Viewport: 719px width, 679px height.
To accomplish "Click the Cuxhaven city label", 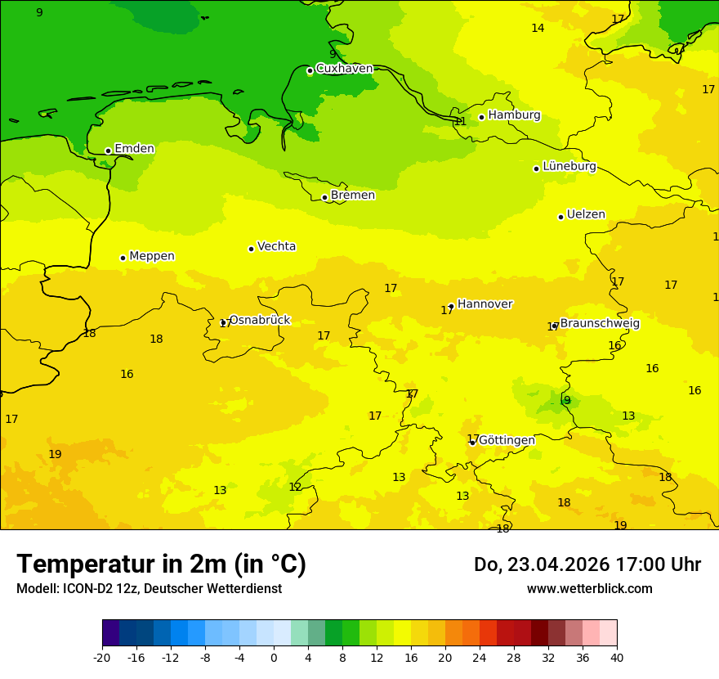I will pos(344,69).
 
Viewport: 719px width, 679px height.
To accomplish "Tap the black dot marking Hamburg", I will pos(482,117).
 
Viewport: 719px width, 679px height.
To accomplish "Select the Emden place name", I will pos(134,149).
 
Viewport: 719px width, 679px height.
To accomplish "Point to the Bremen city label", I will pos(353,196).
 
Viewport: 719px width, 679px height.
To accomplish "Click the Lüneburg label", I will pos(569,166).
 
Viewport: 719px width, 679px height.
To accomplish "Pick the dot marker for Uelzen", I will pos(560,217).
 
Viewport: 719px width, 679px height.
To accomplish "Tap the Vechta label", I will pos(276,246).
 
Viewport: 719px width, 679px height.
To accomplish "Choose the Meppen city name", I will pos(152,256).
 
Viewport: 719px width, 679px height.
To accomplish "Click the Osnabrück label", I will pos(260,321).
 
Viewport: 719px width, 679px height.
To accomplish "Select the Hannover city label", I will pos(485,304).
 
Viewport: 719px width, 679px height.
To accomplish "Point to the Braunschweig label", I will pos(600,324).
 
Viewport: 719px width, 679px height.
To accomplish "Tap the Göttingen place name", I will pos(507,440).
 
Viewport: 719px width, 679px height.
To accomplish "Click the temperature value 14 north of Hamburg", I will pos(538,29).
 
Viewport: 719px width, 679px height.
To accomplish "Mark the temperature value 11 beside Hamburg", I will pos(460,122).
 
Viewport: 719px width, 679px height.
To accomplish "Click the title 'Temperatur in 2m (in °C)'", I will pos(162,564).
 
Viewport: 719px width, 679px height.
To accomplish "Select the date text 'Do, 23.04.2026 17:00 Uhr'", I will pos(587,564).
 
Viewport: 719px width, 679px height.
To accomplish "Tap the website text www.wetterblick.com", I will pos(589,589).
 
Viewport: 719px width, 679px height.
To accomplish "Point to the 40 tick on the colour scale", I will pos(616,657).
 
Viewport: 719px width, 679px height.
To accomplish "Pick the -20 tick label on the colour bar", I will pos(102,657).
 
